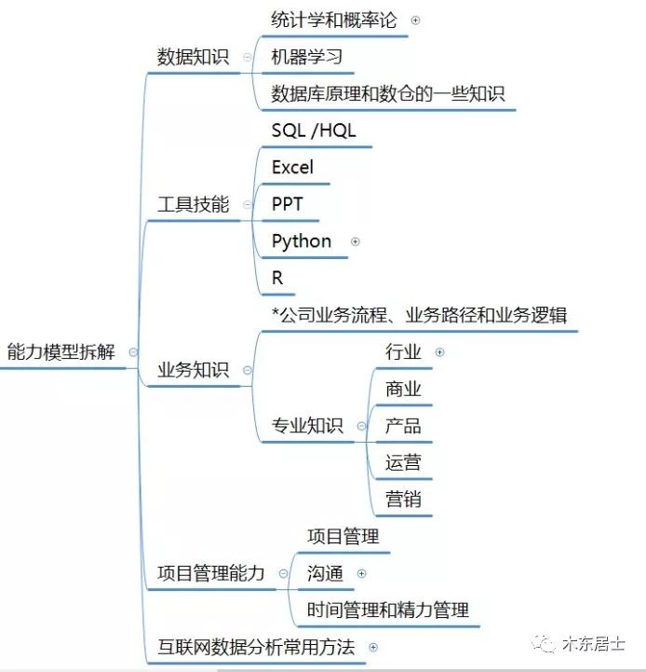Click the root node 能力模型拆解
61,352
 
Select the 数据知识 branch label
193,57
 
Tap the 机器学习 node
307,57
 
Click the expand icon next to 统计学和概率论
415,21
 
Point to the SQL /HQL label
314,130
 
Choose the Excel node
292,167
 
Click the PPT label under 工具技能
288,204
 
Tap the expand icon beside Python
355,241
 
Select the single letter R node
277,278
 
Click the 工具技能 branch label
193,204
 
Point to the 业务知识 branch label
193,370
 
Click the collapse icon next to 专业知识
362,426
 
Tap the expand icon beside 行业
439,352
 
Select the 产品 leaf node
403,426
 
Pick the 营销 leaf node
403,500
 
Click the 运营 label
403,462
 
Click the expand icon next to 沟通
362,573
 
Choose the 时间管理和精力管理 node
388,610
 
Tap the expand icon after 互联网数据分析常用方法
373,647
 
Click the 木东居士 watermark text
593,644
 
